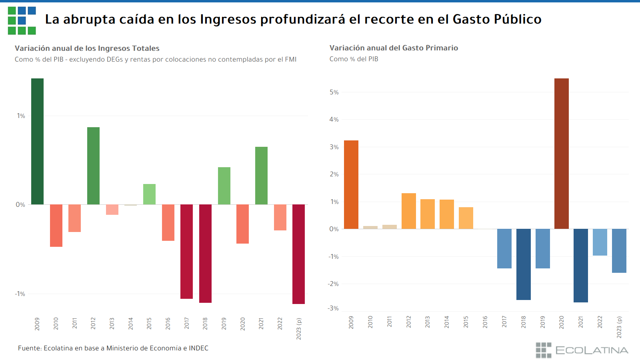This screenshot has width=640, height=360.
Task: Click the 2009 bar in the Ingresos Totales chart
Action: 37,141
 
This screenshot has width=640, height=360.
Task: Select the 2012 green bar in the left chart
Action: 93,166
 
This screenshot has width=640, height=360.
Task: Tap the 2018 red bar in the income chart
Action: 205,253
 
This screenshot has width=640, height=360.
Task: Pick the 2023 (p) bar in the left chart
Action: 298,254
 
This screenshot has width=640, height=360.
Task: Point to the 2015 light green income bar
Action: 149,194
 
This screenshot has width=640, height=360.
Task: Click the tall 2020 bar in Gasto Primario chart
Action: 561,154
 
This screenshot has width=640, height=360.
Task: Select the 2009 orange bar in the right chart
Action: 351,184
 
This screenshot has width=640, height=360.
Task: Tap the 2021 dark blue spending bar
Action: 580,265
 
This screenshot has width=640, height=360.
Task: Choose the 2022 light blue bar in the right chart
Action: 600,242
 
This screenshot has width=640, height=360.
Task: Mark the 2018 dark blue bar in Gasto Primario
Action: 523,264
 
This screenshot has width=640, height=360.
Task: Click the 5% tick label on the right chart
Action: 334,92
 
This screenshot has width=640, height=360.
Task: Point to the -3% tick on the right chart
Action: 333,308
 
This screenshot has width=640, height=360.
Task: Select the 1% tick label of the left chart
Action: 21,116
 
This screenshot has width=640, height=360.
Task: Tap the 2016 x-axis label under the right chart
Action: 485,322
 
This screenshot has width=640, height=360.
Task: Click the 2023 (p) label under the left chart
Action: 298,329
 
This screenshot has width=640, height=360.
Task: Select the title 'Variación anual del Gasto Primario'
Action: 394,48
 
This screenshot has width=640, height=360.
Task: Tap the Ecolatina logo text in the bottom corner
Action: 591,350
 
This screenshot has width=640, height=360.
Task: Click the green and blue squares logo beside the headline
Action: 22,20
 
